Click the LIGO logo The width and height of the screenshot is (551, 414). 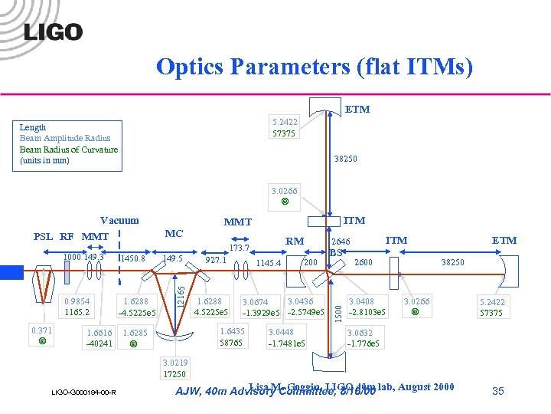pos(53,31)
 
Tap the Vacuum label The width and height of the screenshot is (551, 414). pos(119,221)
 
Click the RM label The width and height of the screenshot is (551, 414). pos(295,241)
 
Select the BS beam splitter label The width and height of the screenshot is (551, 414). pos(335,252)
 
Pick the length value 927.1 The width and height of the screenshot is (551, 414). pos(215,260)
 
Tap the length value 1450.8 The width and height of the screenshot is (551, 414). pos(132,259)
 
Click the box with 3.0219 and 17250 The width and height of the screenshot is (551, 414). pos(175,368)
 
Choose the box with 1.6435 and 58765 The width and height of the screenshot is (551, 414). pos(232,337)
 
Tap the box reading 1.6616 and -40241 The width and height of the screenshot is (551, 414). pos(99,338)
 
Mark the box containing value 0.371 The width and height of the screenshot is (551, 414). pos(41,334)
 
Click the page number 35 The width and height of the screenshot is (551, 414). pos(498,391)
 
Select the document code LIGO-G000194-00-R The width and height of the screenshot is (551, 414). pos(83,393)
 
